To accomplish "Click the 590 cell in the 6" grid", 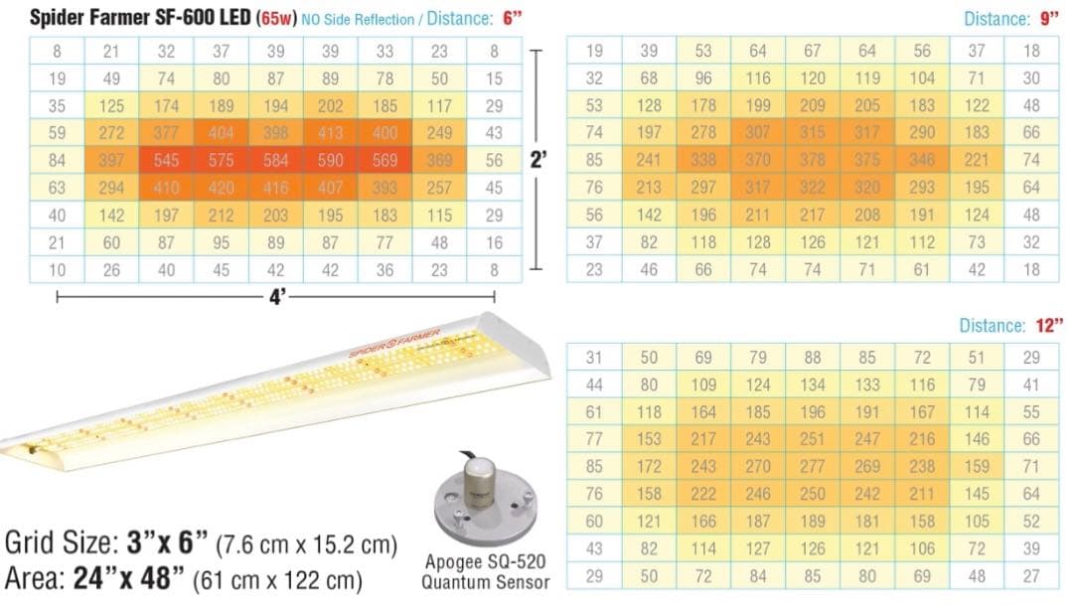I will [x=331, y=160].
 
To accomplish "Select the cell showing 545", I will [x=166, y=160].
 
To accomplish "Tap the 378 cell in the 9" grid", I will [x=814, y=159].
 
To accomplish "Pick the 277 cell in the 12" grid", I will [x=814, y=465].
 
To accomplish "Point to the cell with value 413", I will [x=331, y=132].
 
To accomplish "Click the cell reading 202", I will [x=331, y=105].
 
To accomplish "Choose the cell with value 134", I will [x=814, y=384].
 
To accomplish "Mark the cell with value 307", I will [x=759, y=132].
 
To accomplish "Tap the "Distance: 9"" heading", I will [x=1012, y=19].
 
